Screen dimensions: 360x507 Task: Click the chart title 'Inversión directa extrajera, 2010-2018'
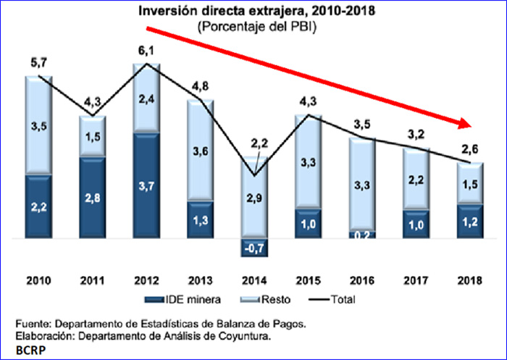pos(253,12)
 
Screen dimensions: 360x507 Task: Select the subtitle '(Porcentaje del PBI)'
pos(253,26)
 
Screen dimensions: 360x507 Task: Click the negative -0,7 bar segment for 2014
pos(253,247)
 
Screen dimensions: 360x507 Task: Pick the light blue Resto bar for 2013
pos(201,150)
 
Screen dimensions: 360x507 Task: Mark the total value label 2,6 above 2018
pos(469,151)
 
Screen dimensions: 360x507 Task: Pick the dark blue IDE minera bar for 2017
pos(416,224)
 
